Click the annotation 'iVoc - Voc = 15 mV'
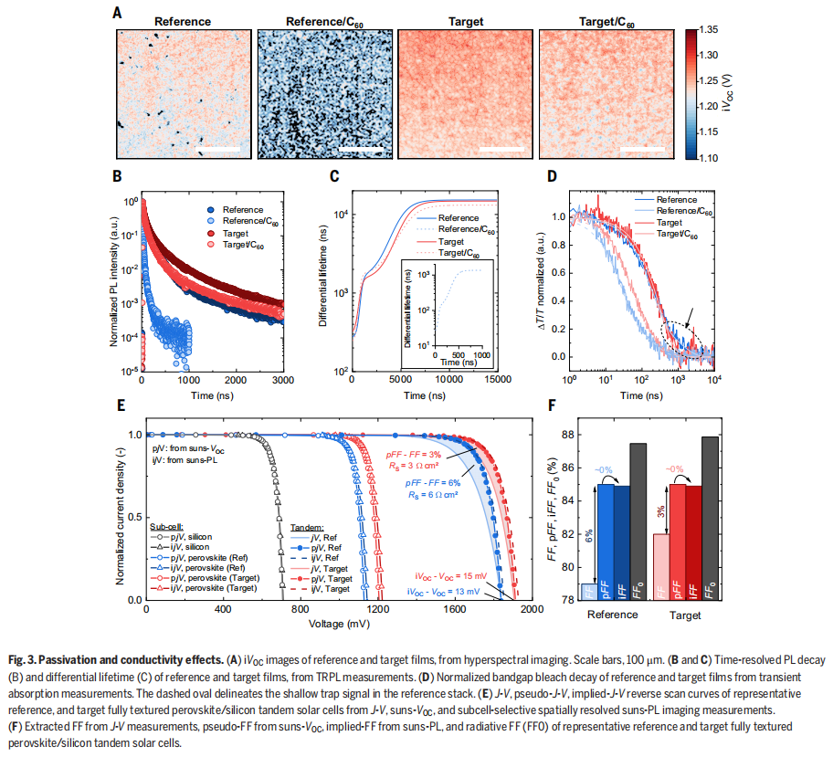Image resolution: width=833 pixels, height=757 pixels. click(x=449, y=576)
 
